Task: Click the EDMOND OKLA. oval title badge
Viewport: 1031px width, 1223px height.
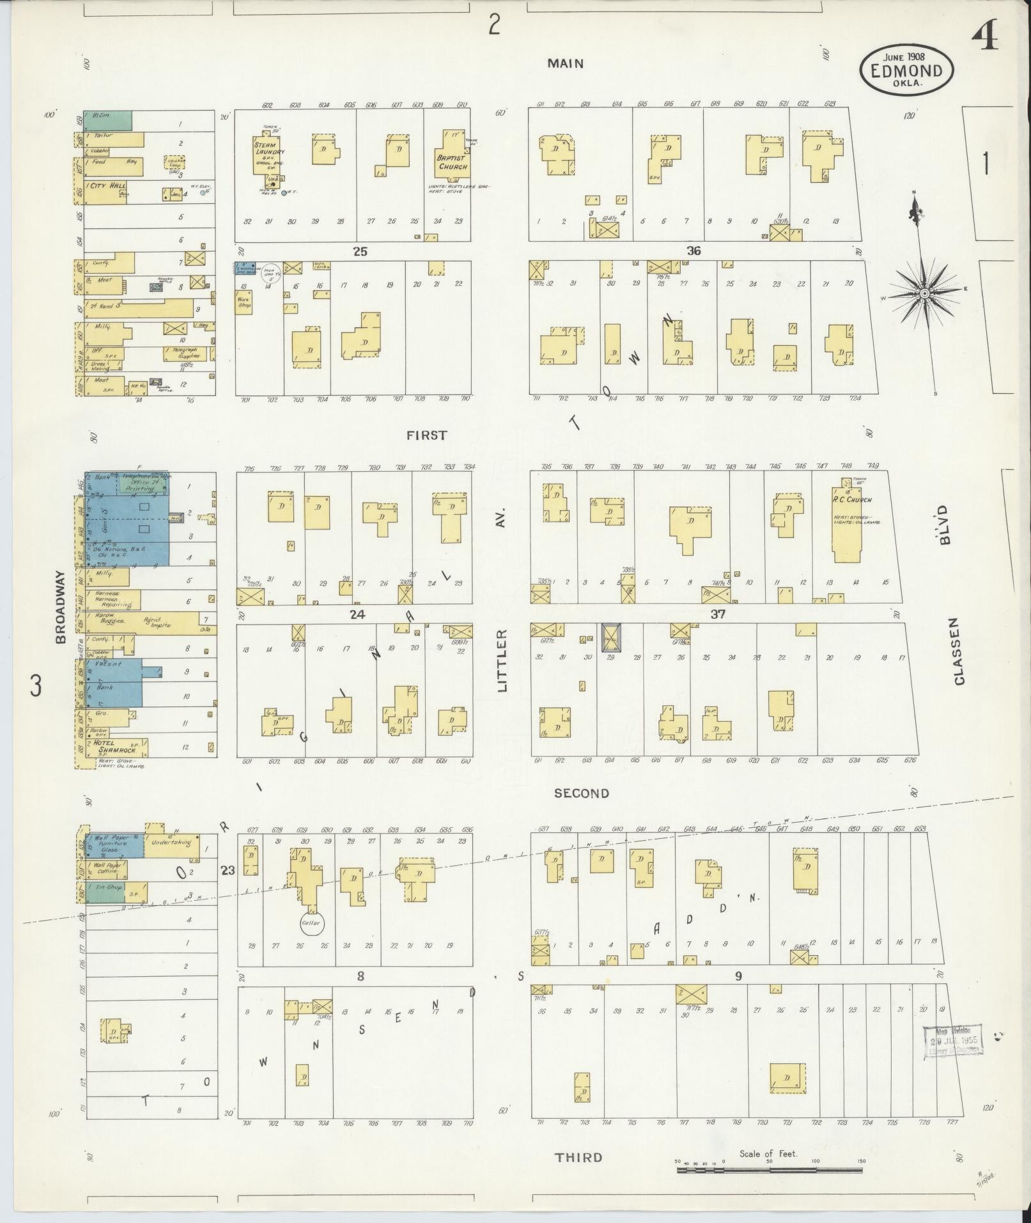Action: (906, 70)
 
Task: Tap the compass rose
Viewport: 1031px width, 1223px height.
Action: (924, 293)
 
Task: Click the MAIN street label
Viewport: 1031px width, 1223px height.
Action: (565, 63)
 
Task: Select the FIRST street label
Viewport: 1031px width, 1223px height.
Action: (427, 435)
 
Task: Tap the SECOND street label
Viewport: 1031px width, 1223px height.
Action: (581, 793)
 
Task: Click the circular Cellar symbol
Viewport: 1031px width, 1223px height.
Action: (312, 923)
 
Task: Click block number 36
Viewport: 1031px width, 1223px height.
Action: (694, 251)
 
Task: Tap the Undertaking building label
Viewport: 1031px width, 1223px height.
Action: (171, 843)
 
